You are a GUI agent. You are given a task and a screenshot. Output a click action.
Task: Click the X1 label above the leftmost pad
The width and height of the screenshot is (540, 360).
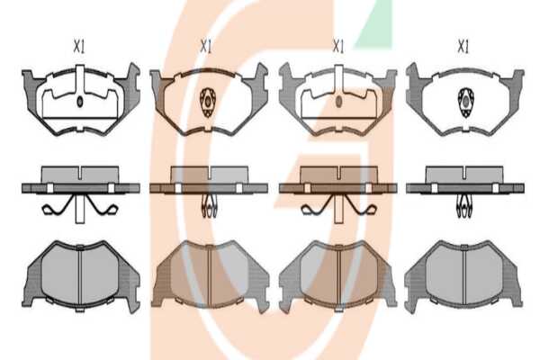click(79, 46)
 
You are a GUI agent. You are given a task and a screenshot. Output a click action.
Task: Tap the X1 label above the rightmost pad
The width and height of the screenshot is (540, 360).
click(463, 46)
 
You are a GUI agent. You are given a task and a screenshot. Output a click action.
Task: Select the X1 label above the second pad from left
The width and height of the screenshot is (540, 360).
click(206, 46)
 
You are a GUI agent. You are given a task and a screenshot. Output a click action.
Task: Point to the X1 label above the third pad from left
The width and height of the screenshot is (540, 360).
click(337, 46)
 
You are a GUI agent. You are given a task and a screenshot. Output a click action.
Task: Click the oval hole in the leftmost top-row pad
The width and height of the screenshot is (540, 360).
click(80, 102)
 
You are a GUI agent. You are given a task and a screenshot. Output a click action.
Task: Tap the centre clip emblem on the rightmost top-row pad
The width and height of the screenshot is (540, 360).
click(465, 103)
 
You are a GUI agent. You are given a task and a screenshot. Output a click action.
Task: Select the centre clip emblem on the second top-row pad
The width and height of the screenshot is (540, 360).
click(208, 103)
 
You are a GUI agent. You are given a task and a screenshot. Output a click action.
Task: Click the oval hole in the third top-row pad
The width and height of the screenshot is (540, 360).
click(339, 102)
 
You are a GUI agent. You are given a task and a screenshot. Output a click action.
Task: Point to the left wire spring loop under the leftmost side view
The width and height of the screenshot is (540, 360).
click(51, 209)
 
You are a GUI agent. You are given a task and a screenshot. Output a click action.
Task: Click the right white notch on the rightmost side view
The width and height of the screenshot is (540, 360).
click(495, 188)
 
